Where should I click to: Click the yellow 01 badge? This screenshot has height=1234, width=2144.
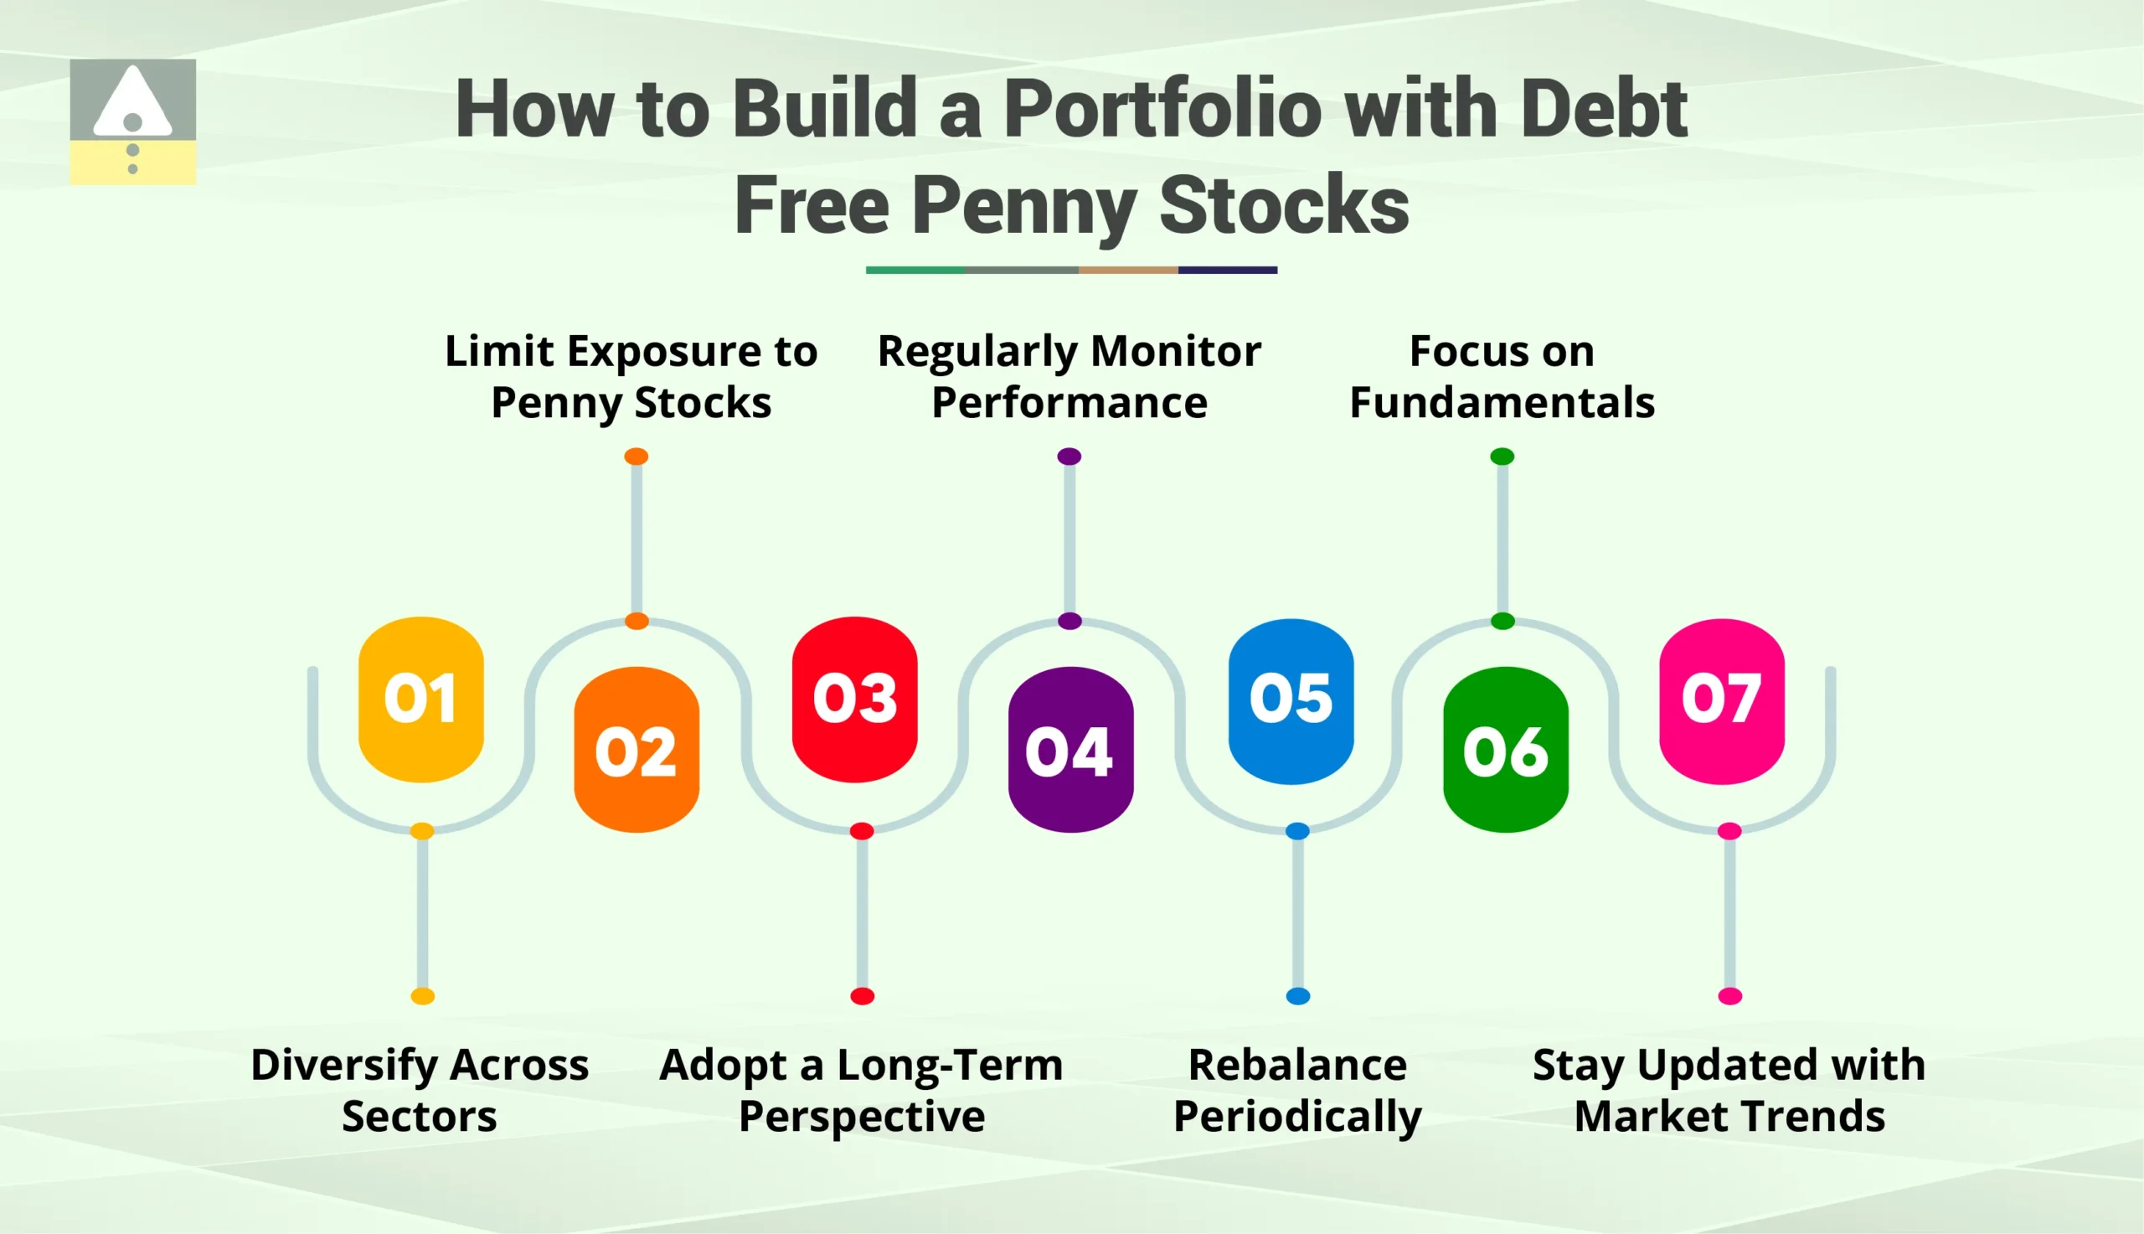point(421,700)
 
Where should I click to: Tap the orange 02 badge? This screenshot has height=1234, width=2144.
point(636,749)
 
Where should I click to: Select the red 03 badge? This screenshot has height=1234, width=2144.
point(855,700)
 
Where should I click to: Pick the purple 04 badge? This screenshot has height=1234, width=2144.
point(1069,749)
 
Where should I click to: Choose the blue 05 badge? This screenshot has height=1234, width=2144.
point(1290,701)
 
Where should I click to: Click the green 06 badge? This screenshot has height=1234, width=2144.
point(1505,749)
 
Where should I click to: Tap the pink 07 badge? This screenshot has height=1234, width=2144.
point(1721,701)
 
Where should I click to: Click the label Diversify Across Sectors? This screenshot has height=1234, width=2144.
point(420,1090)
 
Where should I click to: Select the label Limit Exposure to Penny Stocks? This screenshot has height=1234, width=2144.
point(631,376)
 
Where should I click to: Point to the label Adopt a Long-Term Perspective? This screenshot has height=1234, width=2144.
point(862,1090)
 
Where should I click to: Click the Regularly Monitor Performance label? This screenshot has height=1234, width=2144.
point(1069,376)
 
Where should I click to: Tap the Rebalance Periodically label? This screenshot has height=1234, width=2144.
point(1297,1090)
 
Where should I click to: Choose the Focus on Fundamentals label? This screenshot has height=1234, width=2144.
point(1502,376)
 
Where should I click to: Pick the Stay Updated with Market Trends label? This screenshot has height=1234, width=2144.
point(1729,1090)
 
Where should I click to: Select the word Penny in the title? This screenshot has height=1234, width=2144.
point(1024,205)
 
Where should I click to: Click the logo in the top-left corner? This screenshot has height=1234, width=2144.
point(133,122)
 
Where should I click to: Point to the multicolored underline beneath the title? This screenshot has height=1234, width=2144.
point(1070,271)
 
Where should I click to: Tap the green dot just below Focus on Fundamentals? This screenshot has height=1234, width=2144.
point(1502,457)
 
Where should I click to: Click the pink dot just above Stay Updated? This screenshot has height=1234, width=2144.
point(1729,996)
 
